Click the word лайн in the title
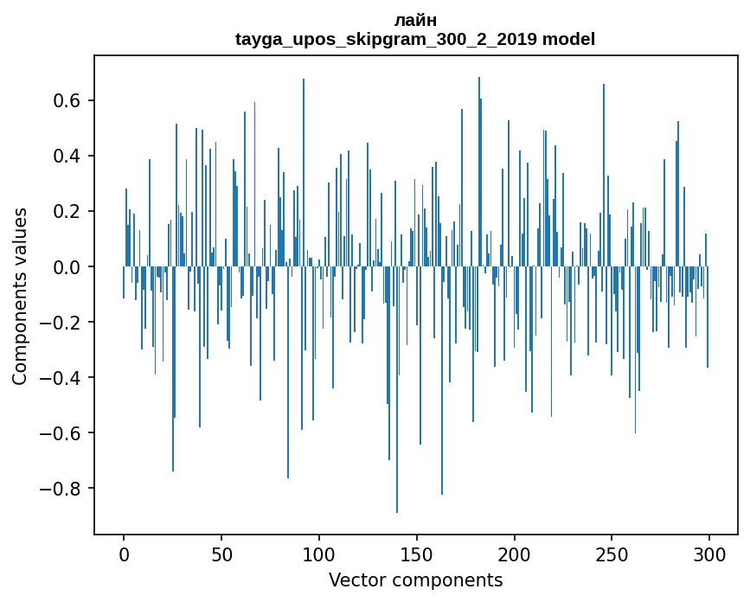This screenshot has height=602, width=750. pos(415,21)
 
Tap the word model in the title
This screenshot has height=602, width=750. pos(568,40)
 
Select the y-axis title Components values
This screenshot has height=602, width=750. pos(20,296)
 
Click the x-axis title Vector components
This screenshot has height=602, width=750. pos(415,580)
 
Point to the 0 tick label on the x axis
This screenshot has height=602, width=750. pos(124,554)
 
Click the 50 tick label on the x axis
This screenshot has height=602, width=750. pos(221,554)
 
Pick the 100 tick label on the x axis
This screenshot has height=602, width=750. pos(319,554)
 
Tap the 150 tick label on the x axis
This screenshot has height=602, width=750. pos(417,554)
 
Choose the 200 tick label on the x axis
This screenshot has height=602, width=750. pos(515,554)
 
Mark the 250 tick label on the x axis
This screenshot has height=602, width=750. pos(612,554)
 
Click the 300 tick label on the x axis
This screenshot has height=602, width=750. pos(710,554)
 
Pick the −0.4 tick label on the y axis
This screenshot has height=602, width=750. pos(61,378)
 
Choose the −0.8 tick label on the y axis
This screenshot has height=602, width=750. pos(61,489)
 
